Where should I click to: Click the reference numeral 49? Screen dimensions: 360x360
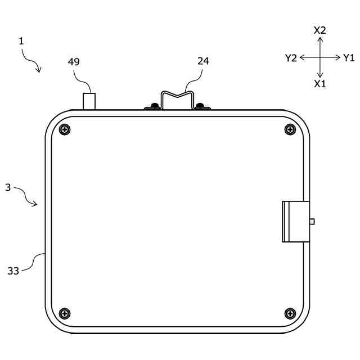(x=74, y=62)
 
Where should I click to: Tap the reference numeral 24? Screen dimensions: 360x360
(x=203, y=61)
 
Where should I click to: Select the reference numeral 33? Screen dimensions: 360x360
(x=13, y=271)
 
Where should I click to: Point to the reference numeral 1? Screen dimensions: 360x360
(x=21, y=41)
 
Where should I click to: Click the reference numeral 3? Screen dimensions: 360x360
(x=8, y=187)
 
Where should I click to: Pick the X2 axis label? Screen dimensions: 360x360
(x=320, y=30)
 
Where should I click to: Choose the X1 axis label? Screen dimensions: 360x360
(x=320, y=84)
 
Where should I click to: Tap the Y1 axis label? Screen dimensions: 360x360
(x=349, y=58)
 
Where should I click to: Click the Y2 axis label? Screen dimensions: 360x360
(x=291, y=58)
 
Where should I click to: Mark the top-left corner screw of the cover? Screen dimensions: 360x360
(x=65, y=130)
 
